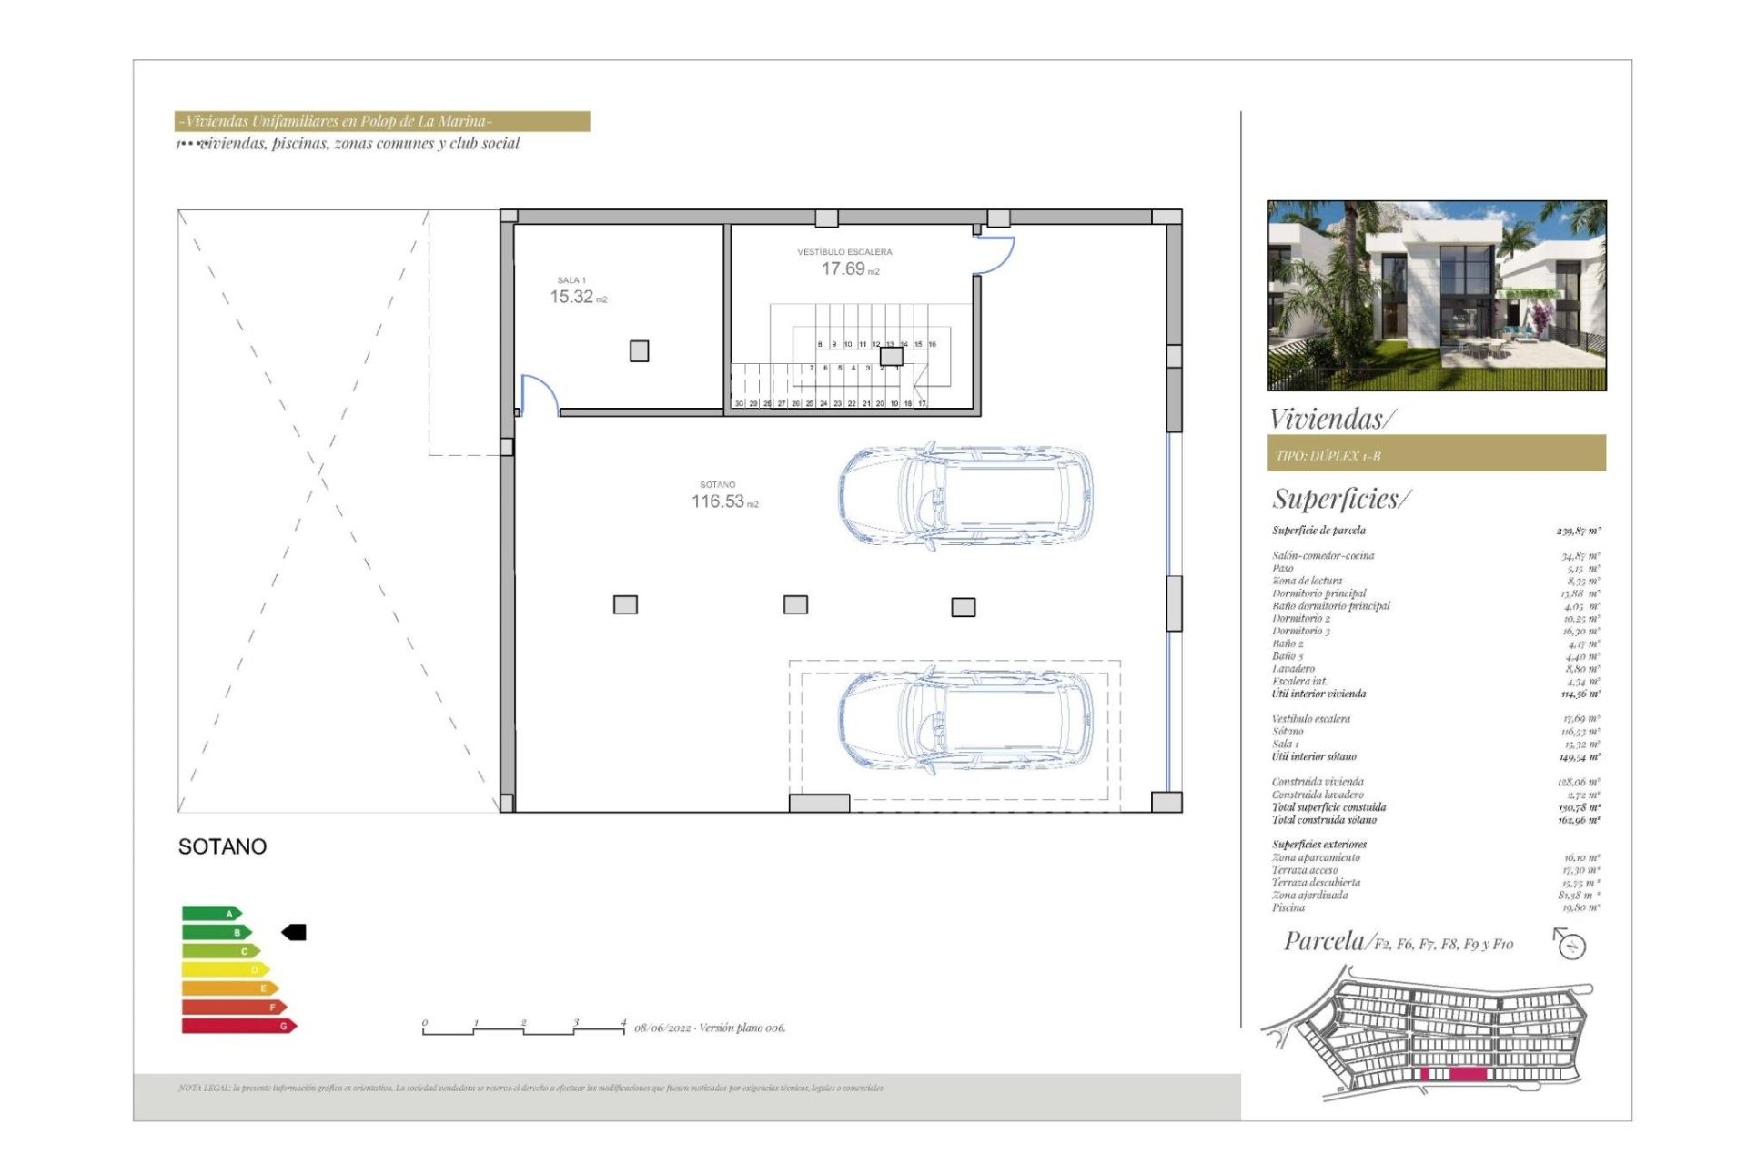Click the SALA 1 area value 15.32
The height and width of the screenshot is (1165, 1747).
(571, 297)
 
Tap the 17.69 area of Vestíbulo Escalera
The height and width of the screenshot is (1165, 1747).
(843, 268)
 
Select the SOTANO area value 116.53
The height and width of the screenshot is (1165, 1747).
(718, 501)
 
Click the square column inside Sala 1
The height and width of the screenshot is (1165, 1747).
(639, 351)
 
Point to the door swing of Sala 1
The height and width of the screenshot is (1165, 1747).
(540, 393)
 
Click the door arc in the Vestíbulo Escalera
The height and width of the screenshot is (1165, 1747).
(995, 255)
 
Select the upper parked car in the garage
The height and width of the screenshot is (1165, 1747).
(965, 496)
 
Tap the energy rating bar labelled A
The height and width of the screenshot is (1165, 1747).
(211, 913)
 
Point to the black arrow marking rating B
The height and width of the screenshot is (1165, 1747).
(294, 932)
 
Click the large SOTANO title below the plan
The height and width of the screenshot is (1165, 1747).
(222, 846)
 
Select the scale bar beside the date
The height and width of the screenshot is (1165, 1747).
(523, 1029)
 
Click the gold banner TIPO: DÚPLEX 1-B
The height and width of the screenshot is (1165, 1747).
(1436, 454)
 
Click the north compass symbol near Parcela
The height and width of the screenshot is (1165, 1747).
(1570, 944)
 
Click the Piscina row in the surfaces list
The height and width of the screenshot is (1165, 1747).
(1436, 907)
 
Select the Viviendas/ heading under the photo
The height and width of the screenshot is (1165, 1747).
(1331, 419)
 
